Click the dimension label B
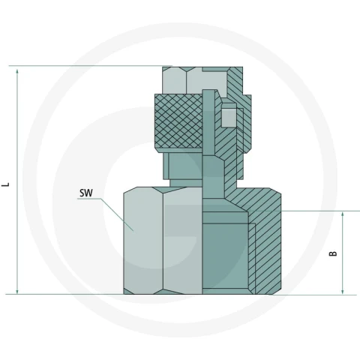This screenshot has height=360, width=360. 333,253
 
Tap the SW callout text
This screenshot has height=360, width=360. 86,193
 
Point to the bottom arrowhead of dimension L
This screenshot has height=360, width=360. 17,291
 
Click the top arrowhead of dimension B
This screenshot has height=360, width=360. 343,214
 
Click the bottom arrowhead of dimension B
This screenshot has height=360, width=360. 343,291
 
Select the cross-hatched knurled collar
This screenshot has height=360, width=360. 178,121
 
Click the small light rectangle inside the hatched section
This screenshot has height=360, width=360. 229,117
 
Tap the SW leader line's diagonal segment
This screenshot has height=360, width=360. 118,215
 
